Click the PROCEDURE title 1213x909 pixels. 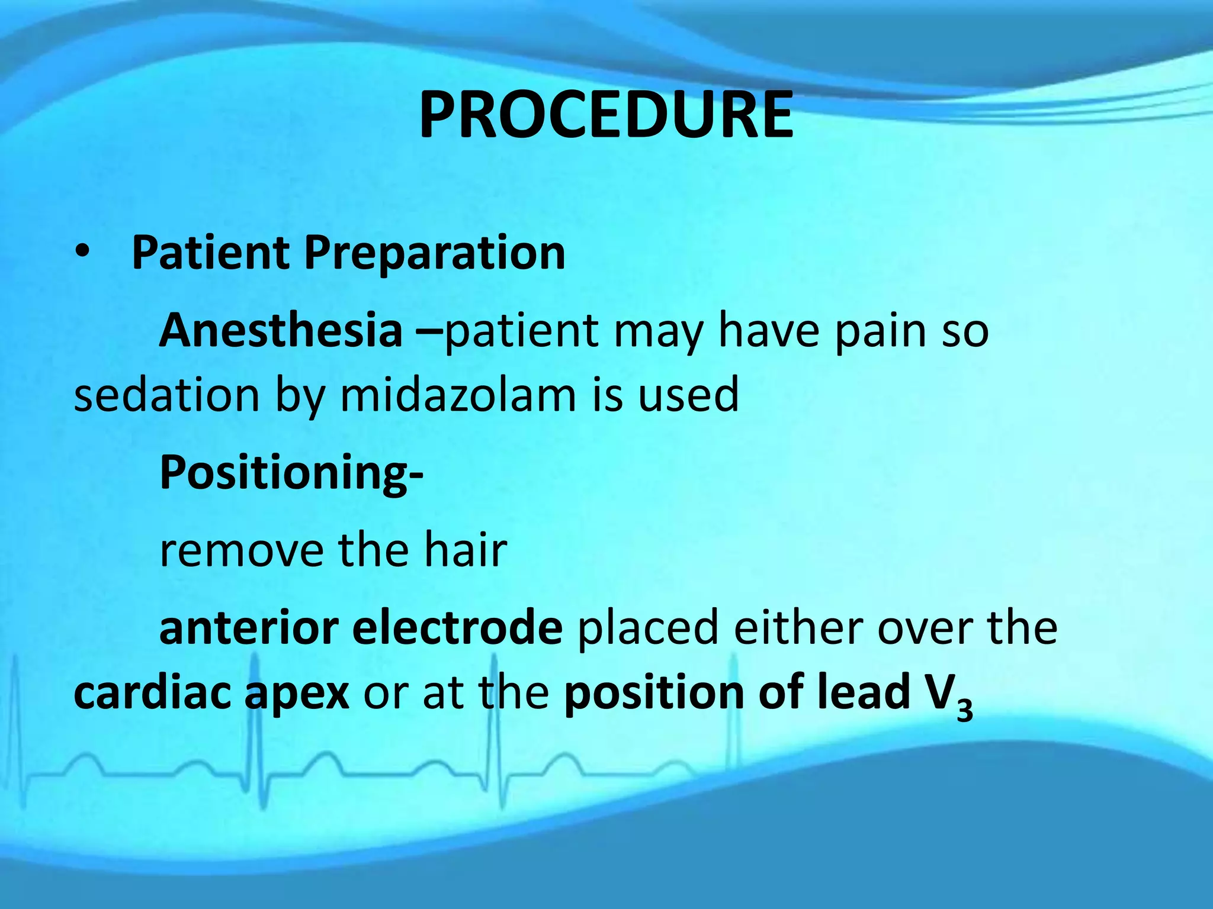point(605,116)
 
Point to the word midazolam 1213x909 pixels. point(458,395)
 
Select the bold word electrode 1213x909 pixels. point(457,628)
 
